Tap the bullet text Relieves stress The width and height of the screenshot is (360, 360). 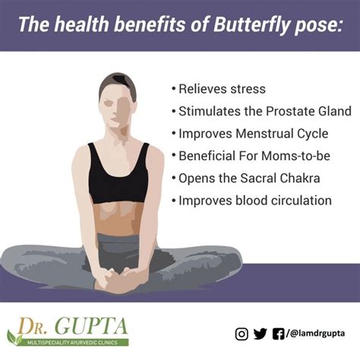click(223, 89)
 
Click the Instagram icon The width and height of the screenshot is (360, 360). click(241, 333)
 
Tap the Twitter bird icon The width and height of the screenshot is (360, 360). click(261, 333)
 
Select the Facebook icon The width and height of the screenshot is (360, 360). click(280, 333)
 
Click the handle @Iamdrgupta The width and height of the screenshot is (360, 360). click(318, 334)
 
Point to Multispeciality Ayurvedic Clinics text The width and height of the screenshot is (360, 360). click(77, 343)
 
